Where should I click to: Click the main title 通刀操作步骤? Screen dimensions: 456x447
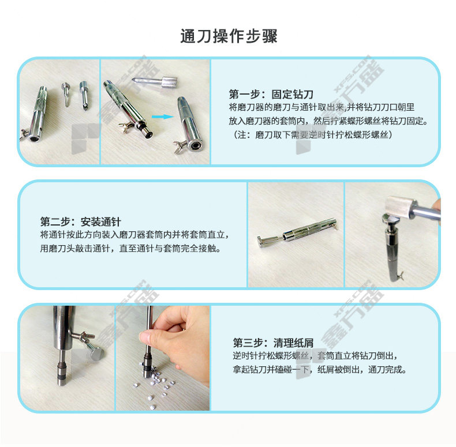(x=229, y=36)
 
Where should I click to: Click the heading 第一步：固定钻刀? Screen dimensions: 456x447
(x=271, y=94)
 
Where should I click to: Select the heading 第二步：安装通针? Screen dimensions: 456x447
(x=81, y=221)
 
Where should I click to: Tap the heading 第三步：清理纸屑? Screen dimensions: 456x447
(x=273, y=343)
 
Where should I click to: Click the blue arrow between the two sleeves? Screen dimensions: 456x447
(x=162, y=117)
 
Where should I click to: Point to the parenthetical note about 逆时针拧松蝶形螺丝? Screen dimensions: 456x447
(x=312, y=134)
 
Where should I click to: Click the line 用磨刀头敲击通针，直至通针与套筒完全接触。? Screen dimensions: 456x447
(x=130, y=249)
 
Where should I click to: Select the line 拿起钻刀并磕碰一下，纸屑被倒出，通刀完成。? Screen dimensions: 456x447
(x=320, y=369)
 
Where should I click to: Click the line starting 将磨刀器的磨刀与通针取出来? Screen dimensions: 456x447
(x=322, y=107)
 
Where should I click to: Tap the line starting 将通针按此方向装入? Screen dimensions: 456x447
(x=134, y=235)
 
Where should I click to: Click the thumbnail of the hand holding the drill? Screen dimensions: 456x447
(x=163, y=358)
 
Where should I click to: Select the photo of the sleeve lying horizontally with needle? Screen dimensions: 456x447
(x=296, y=235)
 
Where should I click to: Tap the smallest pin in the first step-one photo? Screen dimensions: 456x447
(x=66, y=93)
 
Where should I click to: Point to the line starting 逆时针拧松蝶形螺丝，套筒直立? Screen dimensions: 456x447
(x=315, y=355)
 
